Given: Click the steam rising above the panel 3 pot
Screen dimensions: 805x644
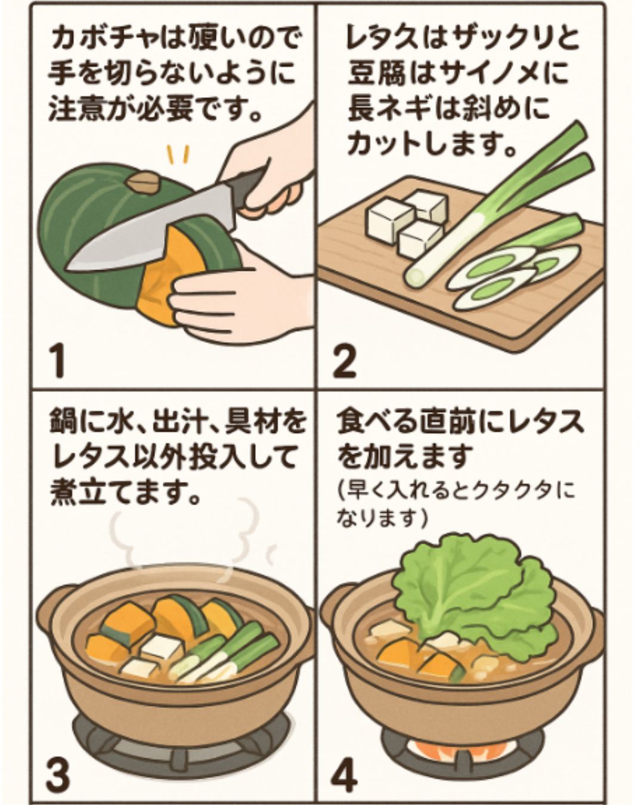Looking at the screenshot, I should click(x=179, y=537).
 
